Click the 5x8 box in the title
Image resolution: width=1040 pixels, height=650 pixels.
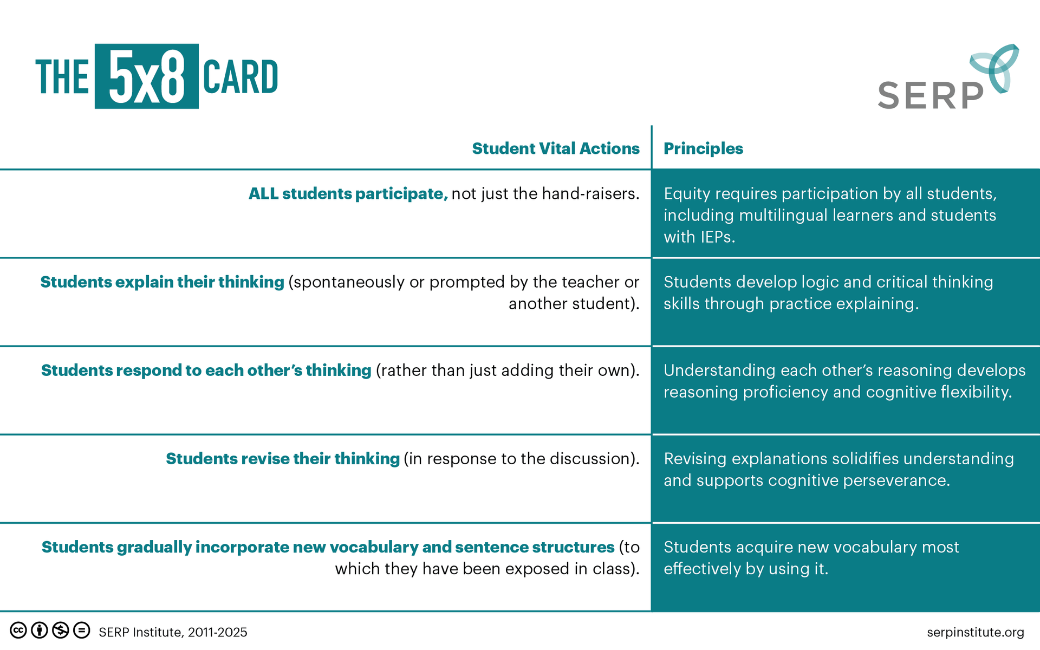tap(146, 76)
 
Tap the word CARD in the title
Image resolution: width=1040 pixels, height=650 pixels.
tap(240, 77)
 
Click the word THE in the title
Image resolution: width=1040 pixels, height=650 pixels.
tap(62, 77)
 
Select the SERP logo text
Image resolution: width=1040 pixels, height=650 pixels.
tap(930, 96)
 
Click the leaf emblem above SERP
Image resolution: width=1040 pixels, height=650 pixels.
tap(994, 68)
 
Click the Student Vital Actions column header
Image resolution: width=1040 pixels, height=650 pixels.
tap(556, 148)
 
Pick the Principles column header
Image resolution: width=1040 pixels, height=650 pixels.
tap(703, 148)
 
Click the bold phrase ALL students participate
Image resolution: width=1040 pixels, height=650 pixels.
tap(348, 194)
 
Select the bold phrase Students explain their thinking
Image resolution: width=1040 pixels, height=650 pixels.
tap(162, 282)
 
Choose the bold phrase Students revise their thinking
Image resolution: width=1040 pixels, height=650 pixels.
tap(283, 459)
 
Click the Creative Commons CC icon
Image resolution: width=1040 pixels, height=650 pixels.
tap(18, 630)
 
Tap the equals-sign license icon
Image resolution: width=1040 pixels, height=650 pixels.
tap(82, 630)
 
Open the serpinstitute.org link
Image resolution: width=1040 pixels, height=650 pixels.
tap(975, 632)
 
